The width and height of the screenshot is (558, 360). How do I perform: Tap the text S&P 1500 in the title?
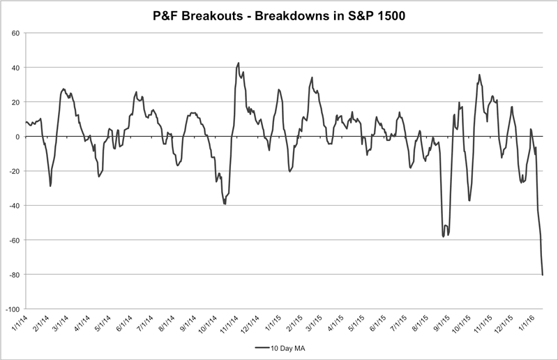(375, 15)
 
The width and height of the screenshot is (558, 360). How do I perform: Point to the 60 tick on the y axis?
(15, 33)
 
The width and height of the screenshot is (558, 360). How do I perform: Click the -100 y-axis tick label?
(12, 308)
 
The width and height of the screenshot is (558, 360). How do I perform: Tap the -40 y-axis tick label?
(13, 205)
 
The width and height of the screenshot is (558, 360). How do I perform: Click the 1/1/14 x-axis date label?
(19, 323)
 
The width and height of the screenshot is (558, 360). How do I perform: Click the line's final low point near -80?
(543, 274)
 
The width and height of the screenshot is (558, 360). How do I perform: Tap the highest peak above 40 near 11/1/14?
(239, 63)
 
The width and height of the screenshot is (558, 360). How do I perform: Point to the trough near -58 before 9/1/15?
(444, 237)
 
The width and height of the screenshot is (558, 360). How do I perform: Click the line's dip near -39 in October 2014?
(225, 203)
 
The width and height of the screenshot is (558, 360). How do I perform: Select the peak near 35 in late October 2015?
(479, 75)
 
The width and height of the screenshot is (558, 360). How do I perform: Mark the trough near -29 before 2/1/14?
(50, 186)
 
